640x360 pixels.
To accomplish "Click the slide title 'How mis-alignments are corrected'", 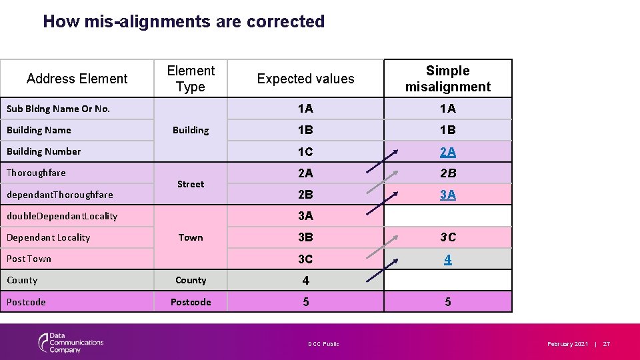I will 183,21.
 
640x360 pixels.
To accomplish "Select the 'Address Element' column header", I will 77,79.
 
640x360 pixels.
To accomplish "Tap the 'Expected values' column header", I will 305,79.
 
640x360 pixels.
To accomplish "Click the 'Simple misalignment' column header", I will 447,79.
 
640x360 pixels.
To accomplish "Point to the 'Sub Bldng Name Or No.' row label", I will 58,109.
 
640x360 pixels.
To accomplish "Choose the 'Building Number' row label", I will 43,151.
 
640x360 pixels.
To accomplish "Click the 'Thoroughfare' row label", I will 36,173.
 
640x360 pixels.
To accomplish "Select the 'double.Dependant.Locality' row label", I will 61,216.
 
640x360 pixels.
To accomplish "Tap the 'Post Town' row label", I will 29,259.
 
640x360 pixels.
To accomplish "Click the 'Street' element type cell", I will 191,184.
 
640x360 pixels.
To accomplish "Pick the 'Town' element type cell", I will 191,237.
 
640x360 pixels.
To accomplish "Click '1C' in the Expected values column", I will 305,152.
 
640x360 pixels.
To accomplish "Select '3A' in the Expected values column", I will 305,216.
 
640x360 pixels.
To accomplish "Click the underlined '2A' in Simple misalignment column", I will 447,152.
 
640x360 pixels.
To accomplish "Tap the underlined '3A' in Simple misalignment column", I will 447,195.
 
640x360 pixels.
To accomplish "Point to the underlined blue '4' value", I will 447,259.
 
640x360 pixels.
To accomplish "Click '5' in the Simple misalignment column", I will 447,302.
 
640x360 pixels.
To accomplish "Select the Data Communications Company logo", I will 71,343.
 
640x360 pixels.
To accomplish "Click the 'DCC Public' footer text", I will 323,344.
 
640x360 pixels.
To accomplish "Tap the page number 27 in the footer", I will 607,344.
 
